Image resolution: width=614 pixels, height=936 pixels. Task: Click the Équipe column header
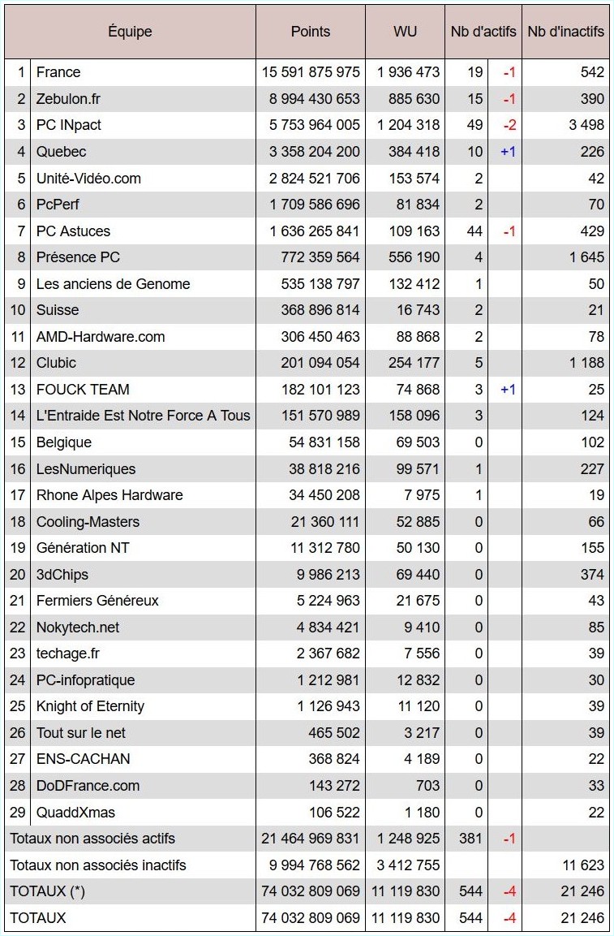pos(130,32)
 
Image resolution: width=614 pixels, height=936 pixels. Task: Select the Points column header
pos(311,32)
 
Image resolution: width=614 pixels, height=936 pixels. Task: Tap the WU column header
pos(405,32)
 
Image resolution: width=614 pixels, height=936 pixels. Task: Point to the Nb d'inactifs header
pos(565,32)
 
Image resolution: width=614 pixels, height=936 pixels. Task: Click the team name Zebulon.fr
pos(68,98)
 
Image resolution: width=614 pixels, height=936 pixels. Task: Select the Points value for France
pos(311,72)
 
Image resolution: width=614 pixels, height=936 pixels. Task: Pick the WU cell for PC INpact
pos(408,125)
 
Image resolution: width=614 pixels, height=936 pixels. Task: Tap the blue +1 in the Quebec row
pos(508,152)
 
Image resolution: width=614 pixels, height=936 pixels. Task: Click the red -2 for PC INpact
pos(509,125)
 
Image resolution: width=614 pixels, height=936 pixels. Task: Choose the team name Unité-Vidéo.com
pos(84,178)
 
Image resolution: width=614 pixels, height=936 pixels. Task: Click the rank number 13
pos(18,390)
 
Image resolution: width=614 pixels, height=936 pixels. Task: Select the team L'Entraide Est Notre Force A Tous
pos(143,416)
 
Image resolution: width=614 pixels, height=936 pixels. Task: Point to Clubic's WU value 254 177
pos(408,363)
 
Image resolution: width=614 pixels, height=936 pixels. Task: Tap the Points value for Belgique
pos(324,442)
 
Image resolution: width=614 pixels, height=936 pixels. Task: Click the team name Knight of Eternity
pos(90,706)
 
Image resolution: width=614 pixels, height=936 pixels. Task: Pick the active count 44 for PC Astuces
pos(474,231)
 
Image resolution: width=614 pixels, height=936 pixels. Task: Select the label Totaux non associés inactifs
pos(98,865)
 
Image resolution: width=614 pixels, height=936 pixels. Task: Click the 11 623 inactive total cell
pos(582,865)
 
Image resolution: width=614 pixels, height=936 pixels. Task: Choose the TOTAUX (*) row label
pos(47,891)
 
